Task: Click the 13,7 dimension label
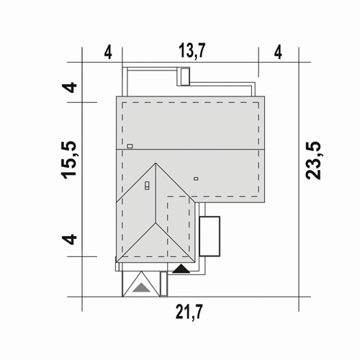192,51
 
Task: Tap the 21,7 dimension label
189,312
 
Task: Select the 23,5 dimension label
313,161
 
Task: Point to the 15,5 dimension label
69,160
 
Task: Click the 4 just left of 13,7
108,53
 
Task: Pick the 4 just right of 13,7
278,53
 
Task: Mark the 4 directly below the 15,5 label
69,240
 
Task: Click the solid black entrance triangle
181,269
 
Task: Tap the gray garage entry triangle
142,287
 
